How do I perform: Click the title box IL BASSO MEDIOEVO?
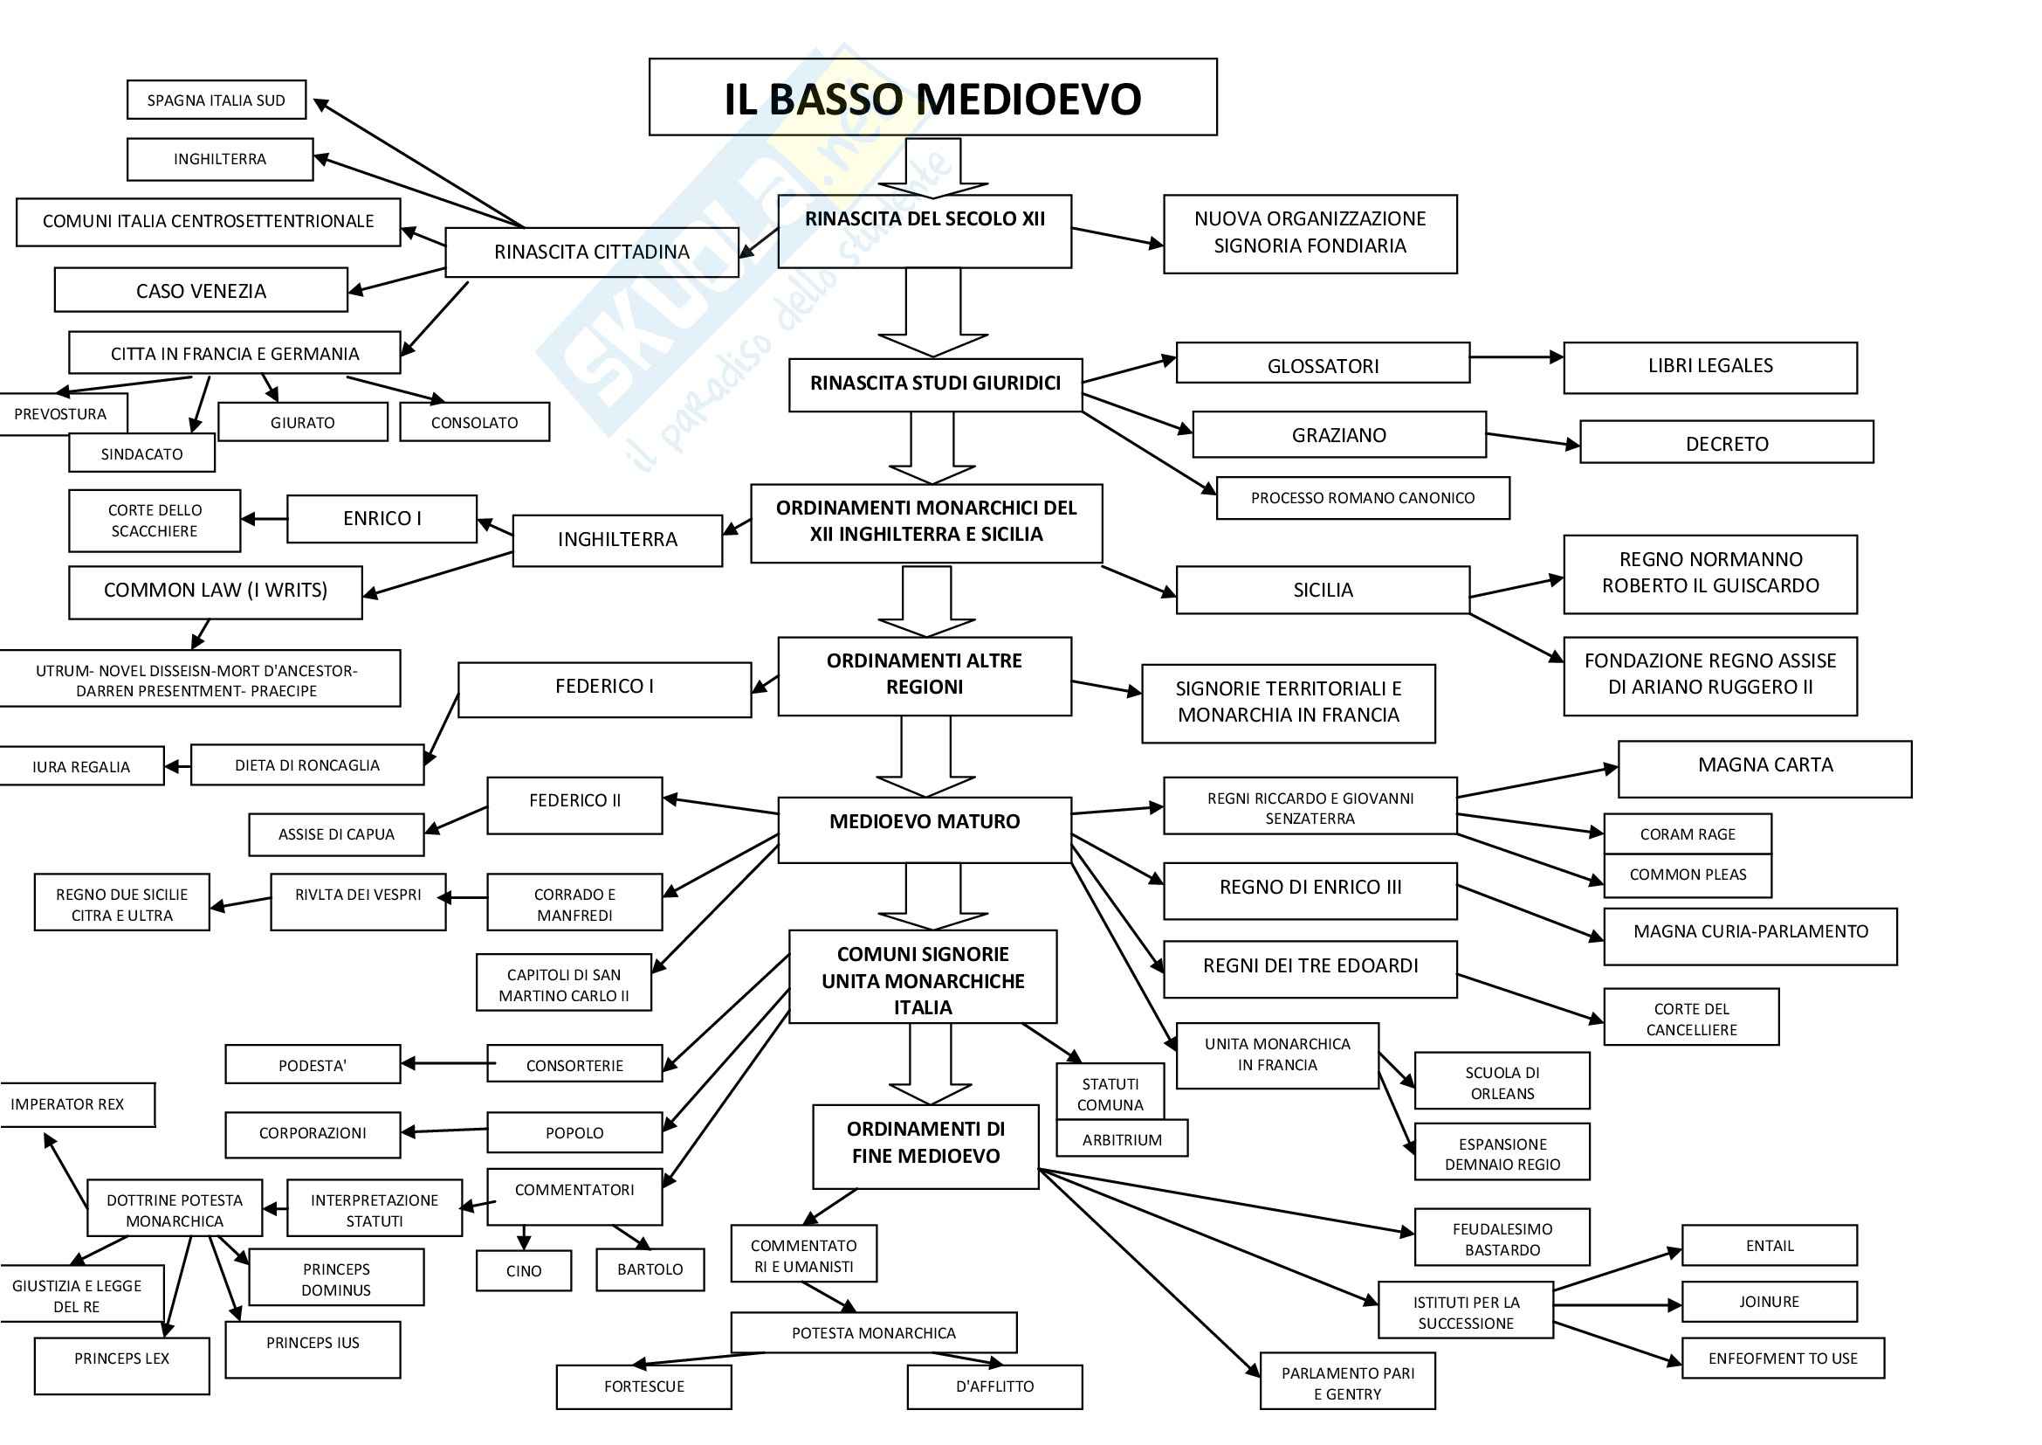[932, 97]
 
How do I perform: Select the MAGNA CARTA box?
[1764, 769]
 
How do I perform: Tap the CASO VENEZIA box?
[201, 290]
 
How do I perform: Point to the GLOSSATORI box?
[1323, 363]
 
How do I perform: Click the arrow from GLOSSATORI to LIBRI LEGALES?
[1516, 356]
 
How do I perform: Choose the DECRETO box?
[1726, 442]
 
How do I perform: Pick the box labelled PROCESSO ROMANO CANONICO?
[1363, 498]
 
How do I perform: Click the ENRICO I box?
[382, 519]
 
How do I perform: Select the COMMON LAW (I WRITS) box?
[216, 591]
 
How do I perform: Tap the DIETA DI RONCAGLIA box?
[306, 765]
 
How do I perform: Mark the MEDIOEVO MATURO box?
[924, 829]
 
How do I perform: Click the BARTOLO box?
[650, 1269]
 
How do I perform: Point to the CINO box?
[524, 1270]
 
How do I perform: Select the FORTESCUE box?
[644, 1386]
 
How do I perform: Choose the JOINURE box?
[1769, 1302]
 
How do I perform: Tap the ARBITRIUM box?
[1122, 1140]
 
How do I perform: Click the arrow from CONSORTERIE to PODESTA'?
[444, 1063]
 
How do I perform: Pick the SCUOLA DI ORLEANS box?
[1502, 1081]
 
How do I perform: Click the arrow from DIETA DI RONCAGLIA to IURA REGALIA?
[178, 766]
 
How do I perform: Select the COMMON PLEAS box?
[1688, 875]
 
